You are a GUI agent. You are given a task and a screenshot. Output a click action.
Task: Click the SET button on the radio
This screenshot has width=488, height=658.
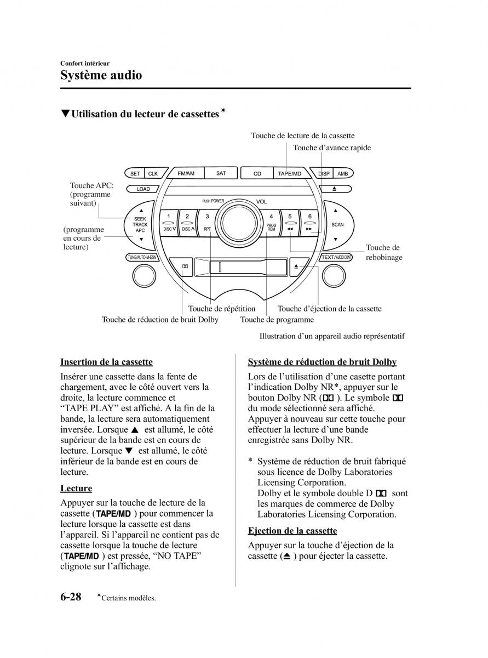click(135, 173)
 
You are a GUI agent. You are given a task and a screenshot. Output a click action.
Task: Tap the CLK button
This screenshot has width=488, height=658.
click(153, 173)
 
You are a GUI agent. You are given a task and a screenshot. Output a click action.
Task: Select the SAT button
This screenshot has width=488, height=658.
click(221, 173)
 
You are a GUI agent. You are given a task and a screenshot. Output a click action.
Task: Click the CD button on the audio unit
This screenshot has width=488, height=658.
click(257, 174)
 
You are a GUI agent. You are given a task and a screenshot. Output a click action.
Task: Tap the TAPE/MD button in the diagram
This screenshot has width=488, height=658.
click(290, 174)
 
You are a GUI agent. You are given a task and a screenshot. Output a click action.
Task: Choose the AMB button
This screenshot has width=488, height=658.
click(342, 173)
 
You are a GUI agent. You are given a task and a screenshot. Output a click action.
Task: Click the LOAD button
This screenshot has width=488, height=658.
click(143, 189)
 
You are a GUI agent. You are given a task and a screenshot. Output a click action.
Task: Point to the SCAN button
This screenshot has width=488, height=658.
click(337, 225)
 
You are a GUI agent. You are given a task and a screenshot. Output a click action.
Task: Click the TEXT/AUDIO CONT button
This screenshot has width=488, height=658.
click(336, 257)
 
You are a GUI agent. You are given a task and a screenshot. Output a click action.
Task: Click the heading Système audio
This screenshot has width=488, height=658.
click(101, 75)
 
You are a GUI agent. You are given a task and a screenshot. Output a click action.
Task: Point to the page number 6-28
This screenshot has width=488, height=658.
click(71, 597)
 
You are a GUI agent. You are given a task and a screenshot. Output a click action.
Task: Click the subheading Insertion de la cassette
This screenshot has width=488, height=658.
click(106, 362)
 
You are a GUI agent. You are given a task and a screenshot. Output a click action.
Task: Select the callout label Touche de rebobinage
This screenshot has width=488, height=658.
click(383, 253)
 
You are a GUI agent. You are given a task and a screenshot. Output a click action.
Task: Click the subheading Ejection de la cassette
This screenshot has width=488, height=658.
click(292, 531)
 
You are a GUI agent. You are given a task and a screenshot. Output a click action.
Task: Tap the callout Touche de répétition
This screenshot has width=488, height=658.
click(222, 309)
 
